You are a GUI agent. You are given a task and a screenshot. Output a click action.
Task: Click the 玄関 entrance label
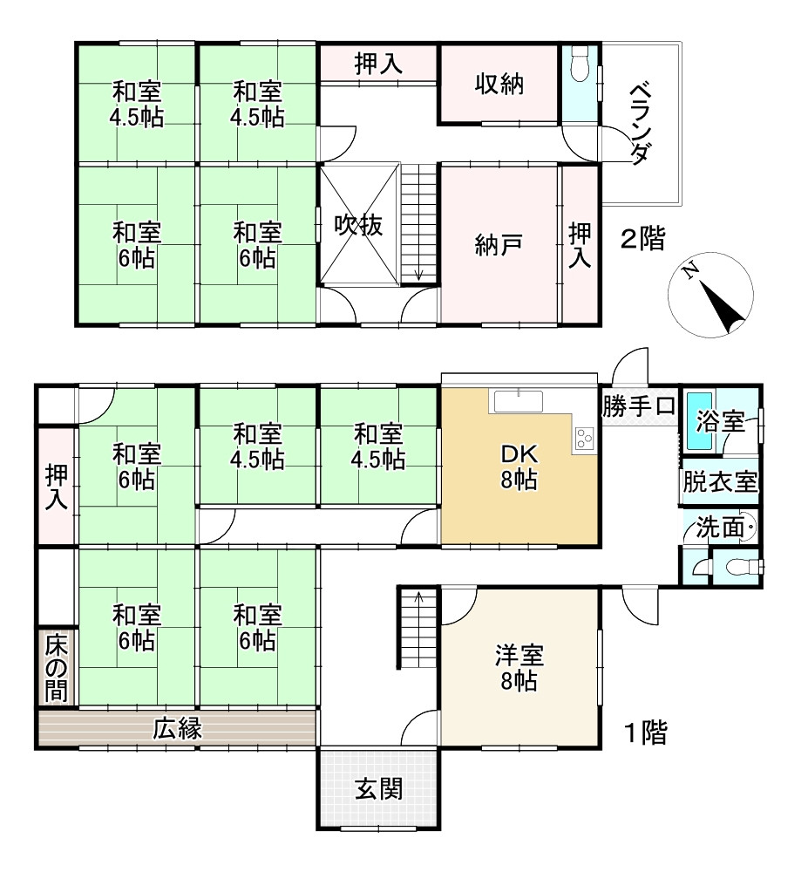(x=379, y=788)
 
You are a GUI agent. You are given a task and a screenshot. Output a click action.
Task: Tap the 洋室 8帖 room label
(x=519, y=668)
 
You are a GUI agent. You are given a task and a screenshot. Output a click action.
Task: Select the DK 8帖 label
(x=519, y=467)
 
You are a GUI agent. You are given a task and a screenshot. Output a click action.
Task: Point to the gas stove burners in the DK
(x=583, y=438)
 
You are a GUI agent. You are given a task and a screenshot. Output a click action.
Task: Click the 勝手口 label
(x=639, y=406)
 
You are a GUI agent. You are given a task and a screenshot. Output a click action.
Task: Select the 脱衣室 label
(x=720, y=481)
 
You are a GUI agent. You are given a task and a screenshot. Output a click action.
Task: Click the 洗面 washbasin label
(x=720, y=528)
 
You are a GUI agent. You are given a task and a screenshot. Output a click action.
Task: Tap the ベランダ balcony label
(x=641, y=124)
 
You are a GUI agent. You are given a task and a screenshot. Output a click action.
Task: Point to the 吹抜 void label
(x=358, y=225)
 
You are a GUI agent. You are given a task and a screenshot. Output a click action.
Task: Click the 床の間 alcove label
(x=57, y=669)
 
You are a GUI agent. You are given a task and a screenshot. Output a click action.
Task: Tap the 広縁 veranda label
(x=178, y=729)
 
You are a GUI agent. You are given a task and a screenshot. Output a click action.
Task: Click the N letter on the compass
(x=690, y=271)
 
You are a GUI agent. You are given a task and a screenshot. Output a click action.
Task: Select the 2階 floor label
(x=643, y=239)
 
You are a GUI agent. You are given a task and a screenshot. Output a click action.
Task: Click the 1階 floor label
(x=646, y=733)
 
